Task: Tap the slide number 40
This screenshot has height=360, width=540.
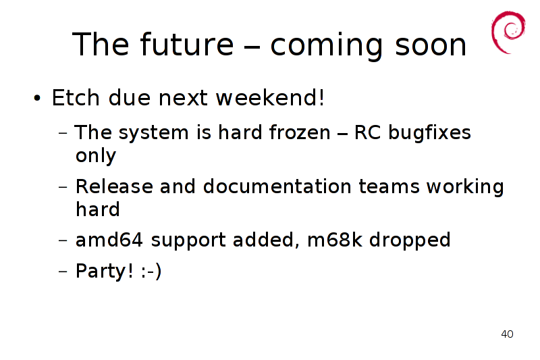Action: [507, 334]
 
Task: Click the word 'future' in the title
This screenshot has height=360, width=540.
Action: [187, 44]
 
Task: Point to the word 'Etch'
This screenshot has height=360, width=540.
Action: [76, 97]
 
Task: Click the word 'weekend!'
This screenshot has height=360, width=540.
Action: [270, 97]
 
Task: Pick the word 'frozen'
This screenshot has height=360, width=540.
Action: [299, 132]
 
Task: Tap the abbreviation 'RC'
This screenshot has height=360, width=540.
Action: [367, 132]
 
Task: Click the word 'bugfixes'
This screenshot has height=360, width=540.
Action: [429, 133]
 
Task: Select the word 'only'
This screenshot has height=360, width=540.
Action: [96, 156]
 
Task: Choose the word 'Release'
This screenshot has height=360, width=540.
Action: [114, 186]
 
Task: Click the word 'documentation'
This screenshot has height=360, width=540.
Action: [277, 186]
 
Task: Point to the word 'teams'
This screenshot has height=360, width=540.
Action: [389, 187]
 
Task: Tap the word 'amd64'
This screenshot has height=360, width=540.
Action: [109, 240]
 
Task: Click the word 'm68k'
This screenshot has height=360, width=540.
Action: [335, 240]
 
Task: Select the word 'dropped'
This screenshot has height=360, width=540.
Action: [410, 240]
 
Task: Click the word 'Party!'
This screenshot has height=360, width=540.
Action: [105, 271]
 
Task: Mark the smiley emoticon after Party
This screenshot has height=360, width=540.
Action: [151, 272]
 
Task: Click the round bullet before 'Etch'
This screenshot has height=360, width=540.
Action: [37, 99]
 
